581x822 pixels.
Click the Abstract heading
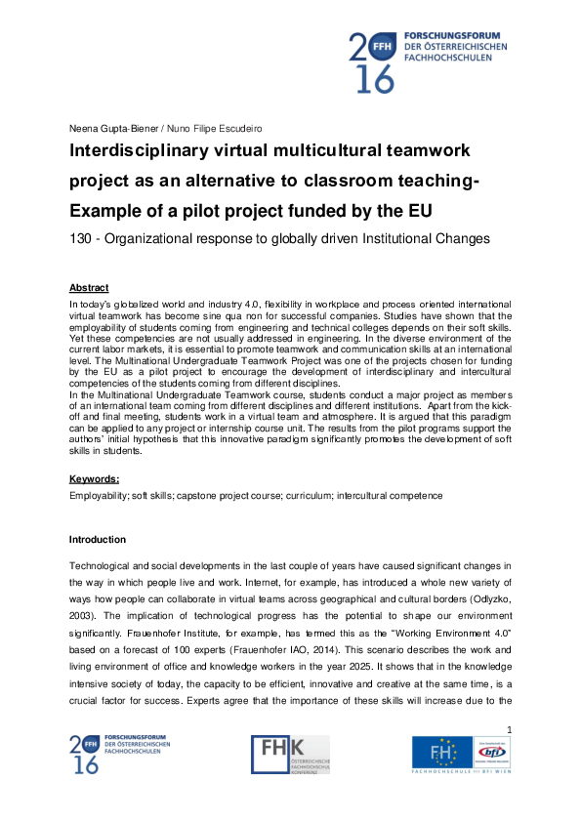click(x=89, y=288)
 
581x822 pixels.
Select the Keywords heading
click(x=94, y=479)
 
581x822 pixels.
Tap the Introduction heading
click(x=98, y=540)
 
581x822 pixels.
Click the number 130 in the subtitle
click(x=81, y=238)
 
